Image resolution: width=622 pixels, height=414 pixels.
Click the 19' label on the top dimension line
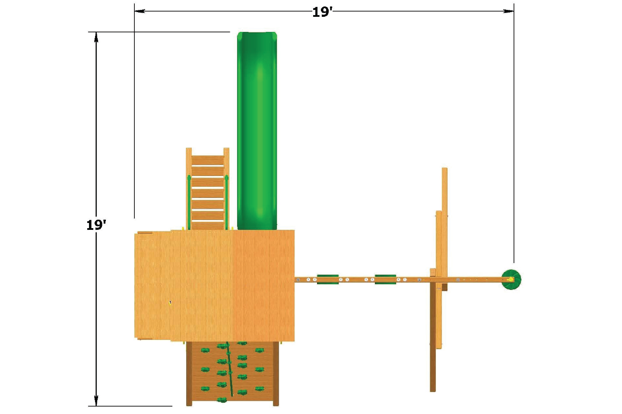tap(322, 12)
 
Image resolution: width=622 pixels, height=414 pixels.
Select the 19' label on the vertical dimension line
tap(96, 225)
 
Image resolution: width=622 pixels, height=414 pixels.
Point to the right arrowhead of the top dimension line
tap(508, 11)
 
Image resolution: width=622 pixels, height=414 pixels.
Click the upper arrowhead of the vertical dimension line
tap(96, 37)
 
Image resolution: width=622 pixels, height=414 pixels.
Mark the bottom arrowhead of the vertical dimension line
tap(96, 401)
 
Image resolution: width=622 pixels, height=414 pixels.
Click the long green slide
tap(257, 131)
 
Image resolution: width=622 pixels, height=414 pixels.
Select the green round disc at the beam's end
tap(511, 279)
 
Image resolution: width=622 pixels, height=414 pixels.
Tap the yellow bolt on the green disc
tap(510, 279)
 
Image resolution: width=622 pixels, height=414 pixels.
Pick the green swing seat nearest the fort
tap(328, 279)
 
